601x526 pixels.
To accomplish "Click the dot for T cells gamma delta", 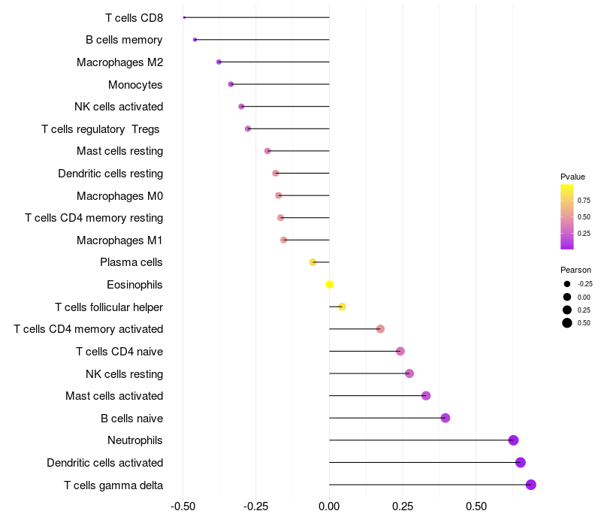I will (x=530, y=485).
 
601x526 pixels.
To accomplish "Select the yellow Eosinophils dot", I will (x=329, y=284).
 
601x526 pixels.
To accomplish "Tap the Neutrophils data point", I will (x=513, y=440).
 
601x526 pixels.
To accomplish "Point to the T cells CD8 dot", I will (x=184, y=17).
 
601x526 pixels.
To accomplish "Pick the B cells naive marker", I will (x=445, y=418).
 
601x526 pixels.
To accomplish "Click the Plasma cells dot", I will (x=313, y=262).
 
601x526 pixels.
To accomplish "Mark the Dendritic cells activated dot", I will (x=521, y=462).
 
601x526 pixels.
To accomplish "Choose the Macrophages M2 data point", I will (x=219, y=62).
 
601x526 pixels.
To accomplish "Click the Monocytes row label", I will (x=135, y=84).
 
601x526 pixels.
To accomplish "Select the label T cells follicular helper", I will (x=109, y=307).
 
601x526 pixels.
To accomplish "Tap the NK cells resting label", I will (x=125, y=373).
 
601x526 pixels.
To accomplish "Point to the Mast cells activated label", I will (x=114, y=396).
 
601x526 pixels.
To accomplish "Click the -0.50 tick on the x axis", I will (x=183, y=507).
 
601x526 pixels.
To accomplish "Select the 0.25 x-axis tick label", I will (x=402, y=507).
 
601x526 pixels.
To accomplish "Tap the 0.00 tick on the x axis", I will (x=329, y=507).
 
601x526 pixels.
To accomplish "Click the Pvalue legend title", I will (x=572, y=177).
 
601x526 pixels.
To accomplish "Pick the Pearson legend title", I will (x=575, y=270).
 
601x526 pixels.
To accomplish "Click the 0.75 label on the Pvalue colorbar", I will (x=584, y=200).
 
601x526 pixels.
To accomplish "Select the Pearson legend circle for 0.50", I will (x=566, y=323).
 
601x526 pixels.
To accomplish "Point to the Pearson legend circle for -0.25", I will (x=566, y=284).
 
